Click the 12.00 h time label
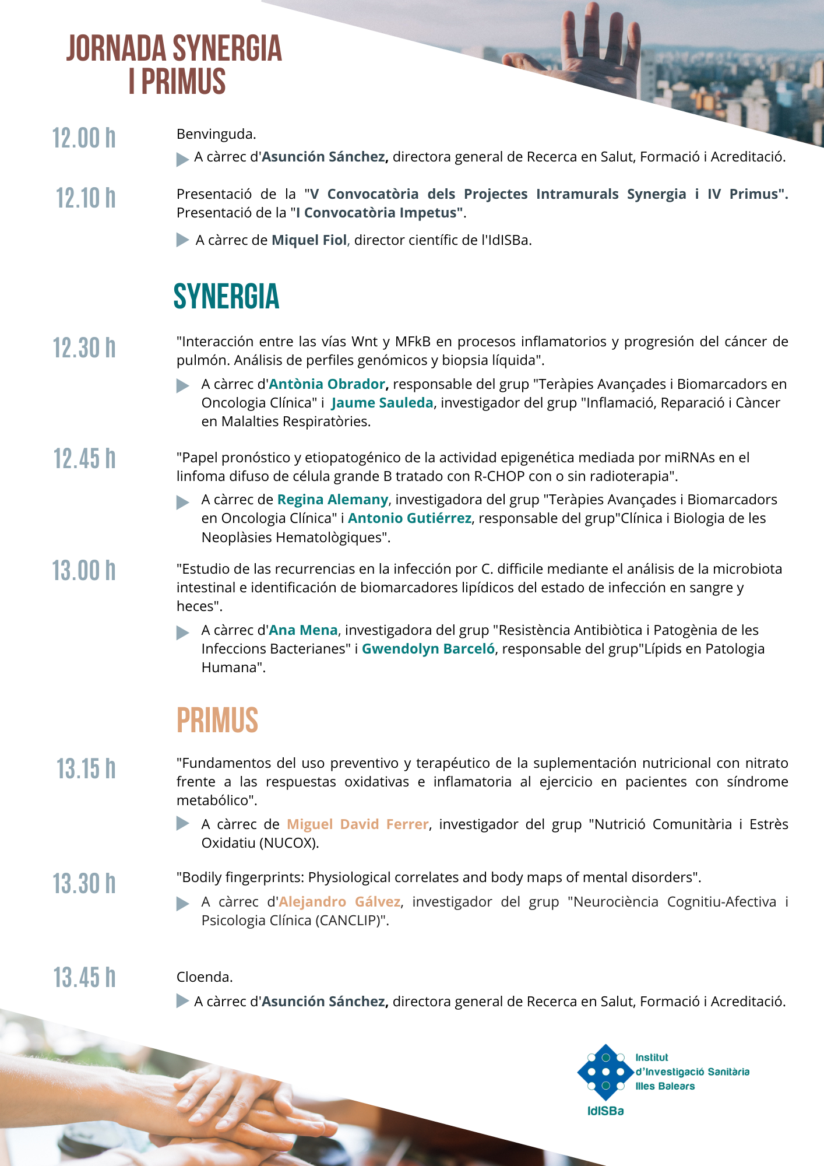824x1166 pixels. (x=84, y=139)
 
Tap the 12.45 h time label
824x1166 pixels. (x=84, y=459)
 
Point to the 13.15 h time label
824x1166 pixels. (x=86, y=770)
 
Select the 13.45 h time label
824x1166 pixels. (x=84, y=978)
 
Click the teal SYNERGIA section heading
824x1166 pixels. (x=226, y=297)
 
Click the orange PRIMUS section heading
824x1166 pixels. (x=217, y=721)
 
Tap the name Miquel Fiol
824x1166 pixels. (x=309, y=240)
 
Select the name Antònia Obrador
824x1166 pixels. (x=327, y=384)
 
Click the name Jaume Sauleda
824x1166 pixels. (x=382, y=403)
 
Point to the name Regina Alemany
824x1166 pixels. (x=332, y=500)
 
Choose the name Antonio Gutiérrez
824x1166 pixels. (x=410, y=518)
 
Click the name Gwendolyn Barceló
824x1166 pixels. (x=428, y=649)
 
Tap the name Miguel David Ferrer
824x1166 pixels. (x=358, y=824)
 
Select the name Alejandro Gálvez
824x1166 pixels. (x=340, y=902)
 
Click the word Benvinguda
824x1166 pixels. (x=216, y=134)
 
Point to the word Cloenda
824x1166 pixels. (x=205, y=977)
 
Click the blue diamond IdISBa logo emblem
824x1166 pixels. (x=605, y=1072)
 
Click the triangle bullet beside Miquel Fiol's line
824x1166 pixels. (x=182, y=240)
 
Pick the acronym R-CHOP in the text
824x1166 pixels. (x=500, y=476)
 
